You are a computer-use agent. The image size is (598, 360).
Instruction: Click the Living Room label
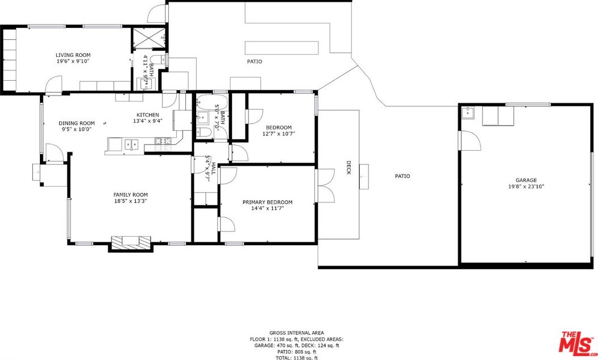pyautogui.click(x=73, y=55)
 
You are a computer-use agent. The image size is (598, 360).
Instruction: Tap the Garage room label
pyautogui.click(x=526, y=180)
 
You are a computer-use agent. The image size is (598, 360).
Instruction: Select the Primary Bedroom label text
pyautogui.click(x=267, y=202)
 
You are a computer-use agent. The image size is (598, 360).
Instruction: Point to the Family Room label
pyautogui.click(x=130, y=195)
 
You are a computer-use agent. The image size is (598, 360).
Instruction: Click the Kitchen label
pyautogui.click(x=148, y=115)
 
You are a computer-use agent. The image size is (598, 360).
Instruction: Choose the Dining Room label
pyautogui.click(x=77, y=123)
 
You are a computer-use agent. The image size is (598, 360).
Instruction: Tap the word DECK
pyautogui.click(x=348, y=168)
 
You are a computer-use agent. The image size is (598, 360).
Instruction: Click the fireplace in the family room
pyautogui.click(x=131, y=243)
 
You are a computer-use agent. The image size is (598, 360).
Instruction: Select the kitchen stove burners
pyautogui.click(x=163, y=144)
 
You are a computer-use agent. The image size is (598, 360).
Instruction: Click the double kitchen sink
pyautogui.click(x=131, y=144)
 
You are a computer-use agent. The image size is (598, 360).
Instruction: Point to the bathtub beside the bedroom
pyautogui.click(x=211, y=102)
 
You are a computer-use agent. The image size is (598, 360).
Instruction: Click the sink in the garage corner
pyautogui.click(x=468, y=113)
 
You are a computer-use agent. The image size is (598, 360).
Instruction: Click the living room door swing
pyautogui.click(x=53, y=84)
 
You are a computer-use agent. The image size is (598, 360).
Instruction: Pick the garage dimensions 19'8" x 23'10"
pyautogui.click(x=526, y=187)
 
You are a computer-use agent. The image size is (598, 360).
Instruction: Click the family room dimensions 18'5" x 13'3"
pyautogui.click(x=130, y=201)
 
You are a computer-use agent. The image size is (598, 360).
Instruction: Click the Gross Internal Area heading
pyautogui.click(x=297, y=333)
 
